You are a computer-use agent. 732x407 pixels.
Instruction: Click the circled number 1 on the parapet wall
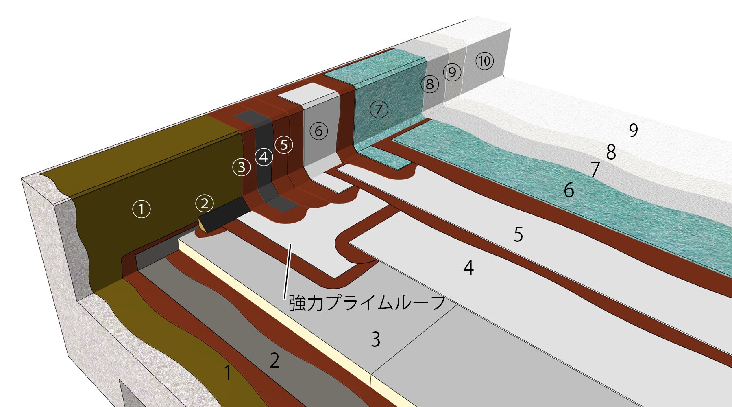click(142, 209)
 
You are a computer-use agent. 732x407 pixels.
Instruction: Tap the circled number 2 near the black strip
click(205, 203)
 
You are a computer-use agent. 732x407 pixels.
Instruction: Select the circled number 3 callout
click(242, 167)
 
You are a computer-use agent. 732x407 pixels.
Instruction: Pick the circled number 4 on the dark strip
click(264, 157)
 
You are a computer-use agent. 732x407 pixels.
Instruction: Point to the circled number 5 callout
click(284, 144)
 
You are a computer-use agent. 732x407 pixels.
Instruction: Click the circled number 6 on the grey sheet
click(319, 131)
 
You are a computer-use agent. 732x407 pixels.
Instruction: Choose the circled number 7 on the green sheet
click(379, 109)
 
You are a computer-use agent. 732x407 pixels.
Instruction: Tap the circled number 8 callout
click(430, 84)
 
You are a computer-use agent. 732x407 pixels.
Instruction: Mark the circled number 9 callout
click(452, 72)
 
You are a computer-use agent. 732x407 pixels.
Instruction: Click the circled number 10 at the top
click(484, 61)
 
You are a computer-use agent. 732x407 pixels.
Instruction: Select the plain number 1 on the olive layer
click(228, 373)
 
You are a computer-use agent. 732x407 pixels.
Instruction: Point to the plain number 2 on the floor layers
click(275, 361)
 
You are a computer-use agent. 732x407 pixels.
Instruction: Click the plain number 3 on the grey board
click(376, 339)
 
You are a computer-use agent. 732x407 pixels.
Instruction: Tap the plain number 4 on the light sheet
click(468, 267)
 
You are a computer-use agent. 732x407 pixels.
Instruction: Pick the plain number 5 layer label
click(518, 234)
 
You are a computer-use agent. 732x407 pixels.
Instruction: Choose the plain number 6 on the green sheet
click(569, 190)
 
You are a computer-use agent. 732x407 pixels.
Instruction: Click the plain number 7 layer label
click(595, 169)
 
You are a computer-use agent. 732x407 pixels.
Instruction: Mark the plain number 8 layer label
click(611, 152)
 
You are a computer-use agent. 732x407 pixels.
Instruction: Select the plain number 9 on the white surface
click(633, 130)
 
